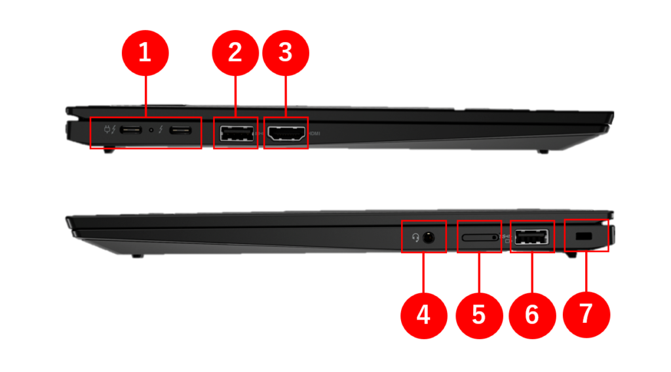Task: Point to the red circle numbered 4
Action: click(x=424, y=315)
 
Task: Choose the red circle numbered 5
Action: click(x=478, y=315)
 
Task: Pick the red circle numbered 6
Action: click(x=532, y=315)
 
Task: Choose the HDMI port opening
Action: click(x=286, y=133)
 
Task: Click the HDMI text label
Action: click(x=315, y=134)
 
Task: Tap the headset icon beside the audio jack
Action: click(x=415, y=237)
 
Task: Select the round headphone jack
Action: click(x=429, y=237)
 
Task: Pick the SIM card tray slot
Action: click(x=478, y=236)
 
